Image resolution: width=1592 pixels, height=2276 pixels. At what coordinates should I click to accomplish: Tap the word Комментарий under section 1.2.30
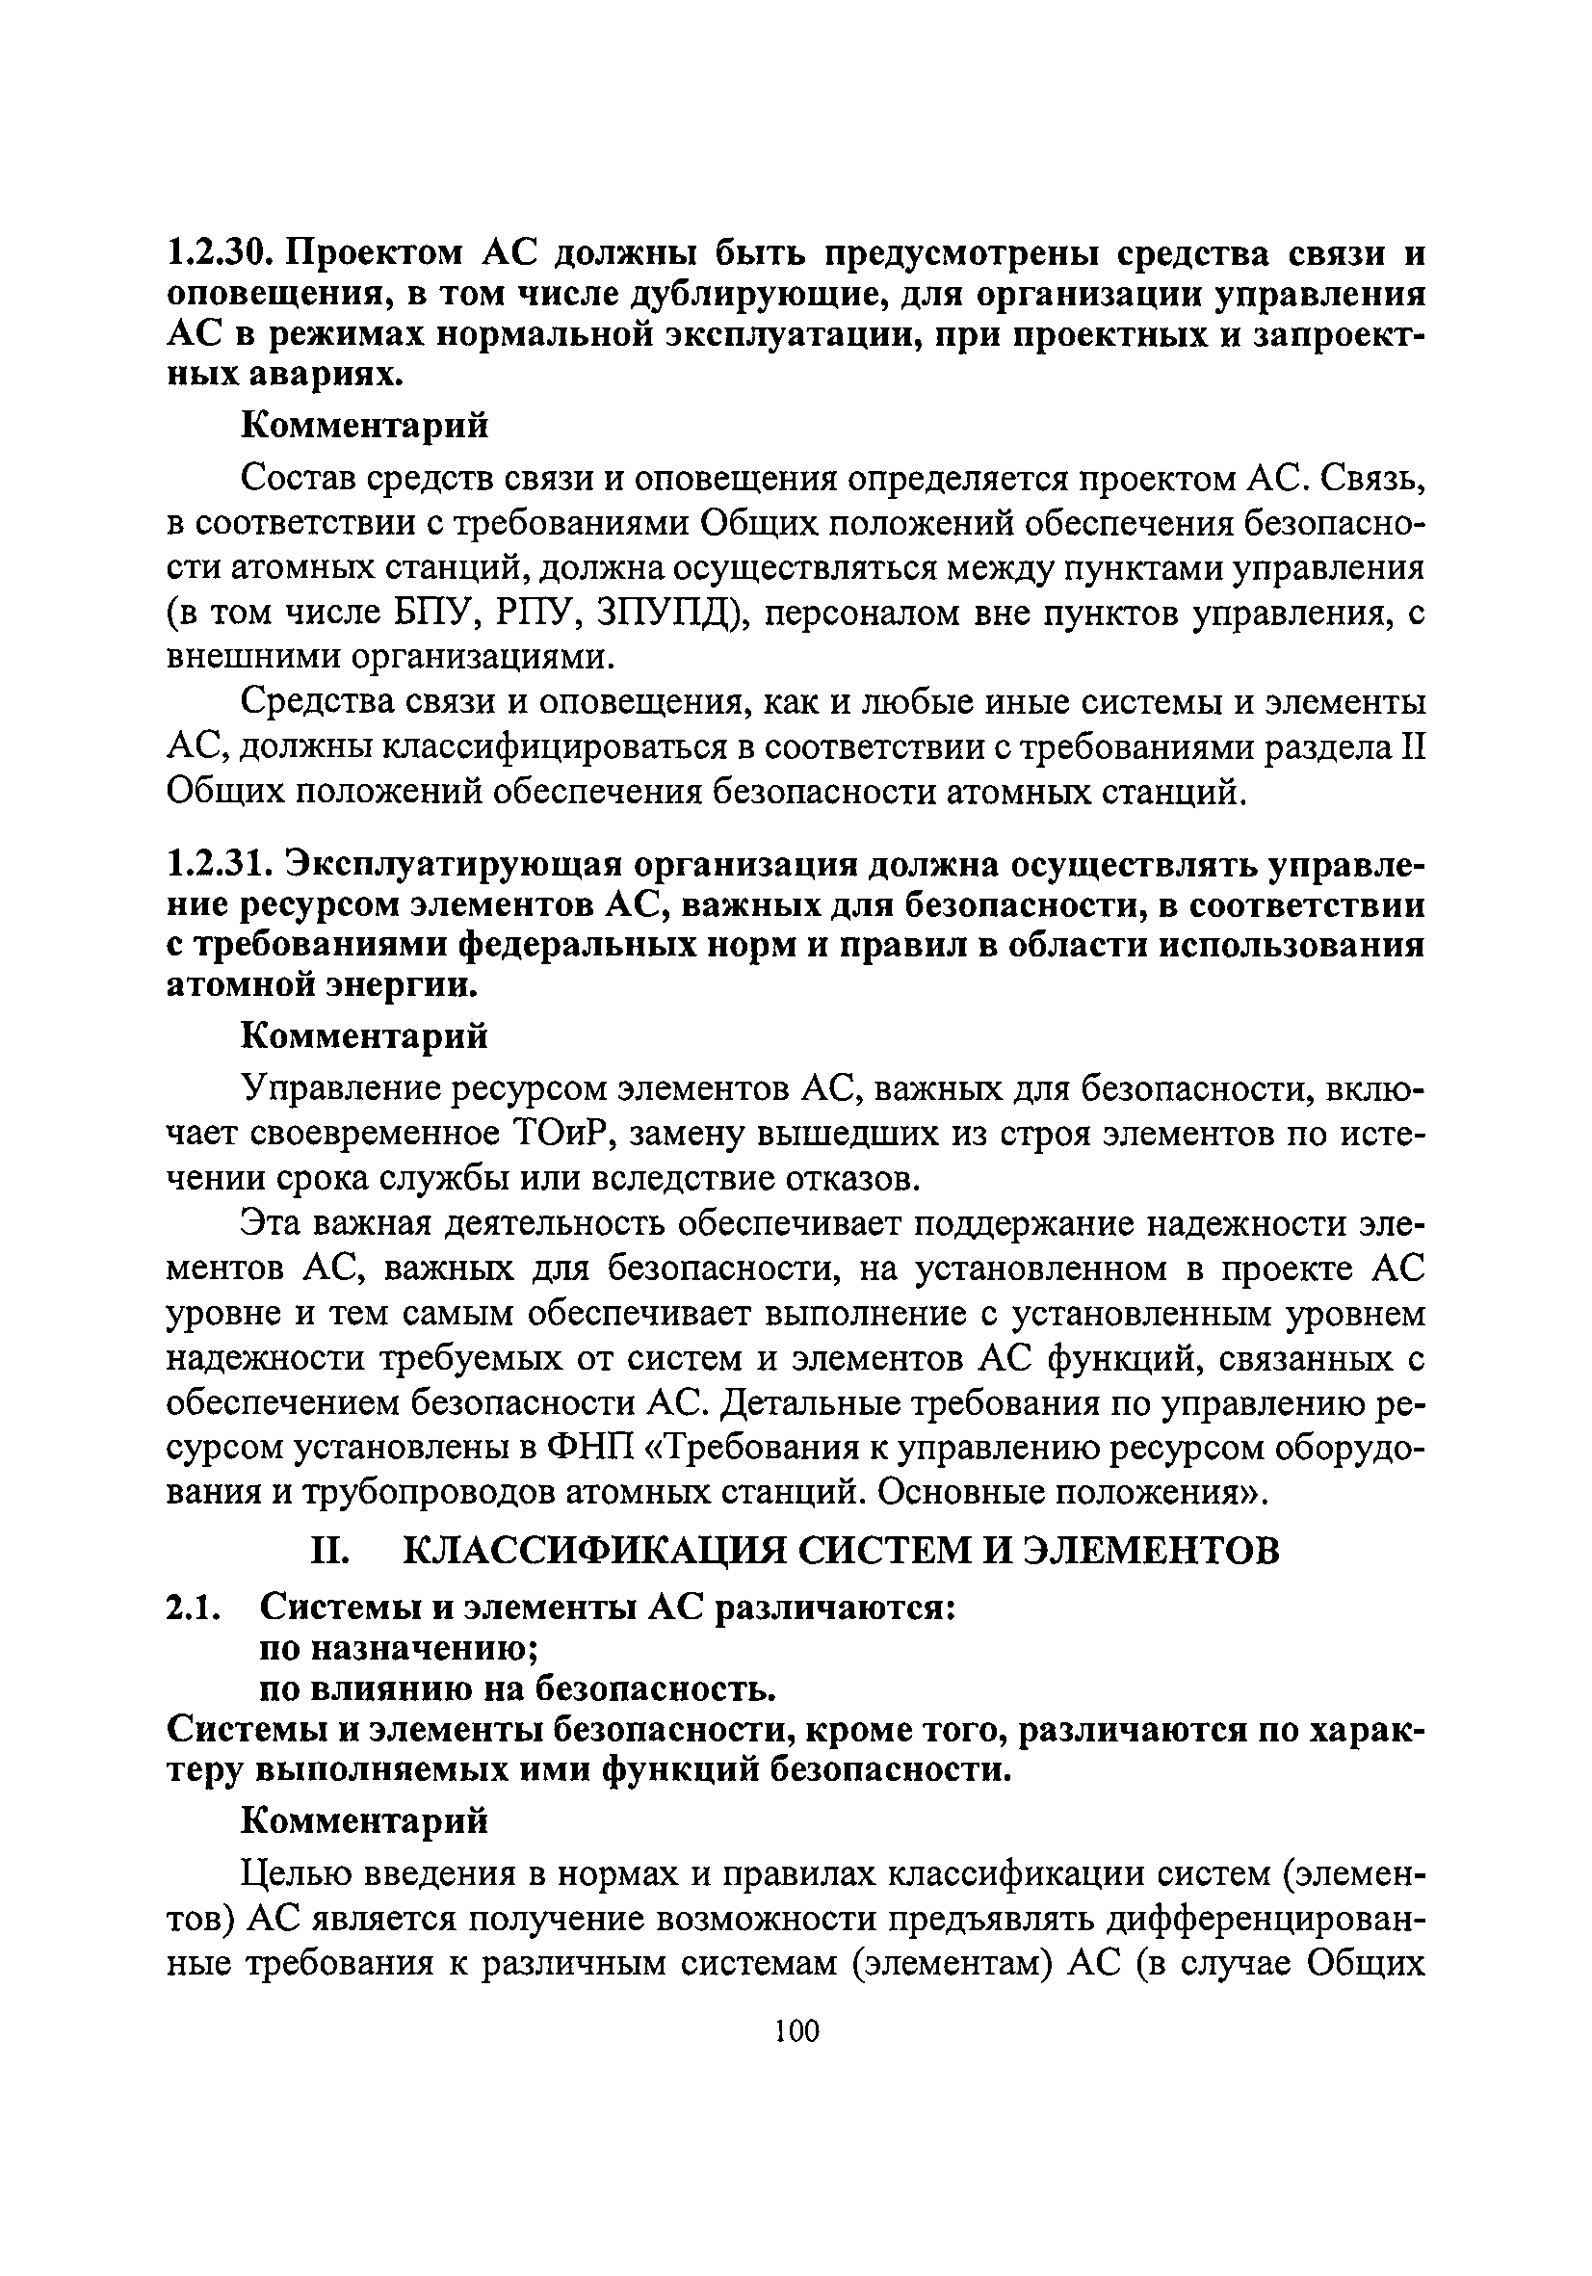[366, 428]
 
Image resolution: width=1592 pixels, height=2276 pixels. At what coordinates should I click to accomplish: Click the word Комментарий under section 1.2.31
[366, 1037]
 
